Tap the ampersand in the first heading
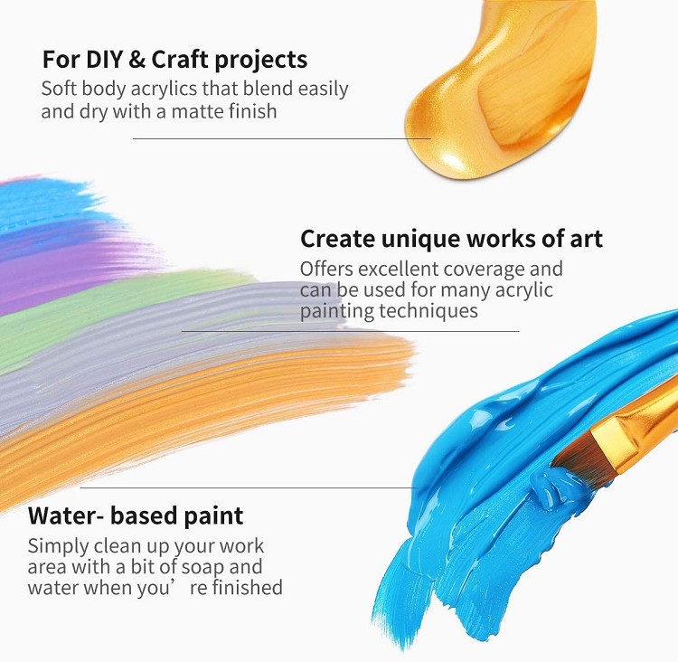click(x=137, y=60)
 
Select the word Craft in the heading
click(x=180, y=60)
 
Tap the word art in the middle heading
click(x=587, y=239)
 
